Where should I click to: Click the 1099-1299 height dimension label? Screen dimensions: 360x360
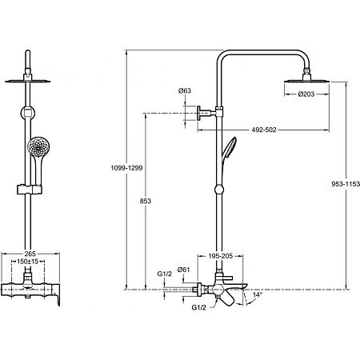click(x=126, y=168)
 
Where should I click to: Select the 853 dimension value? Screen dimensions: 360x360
click(x=146, y=201)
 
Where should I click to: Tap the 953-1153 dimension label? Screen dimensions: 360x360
click(x=346, y=184)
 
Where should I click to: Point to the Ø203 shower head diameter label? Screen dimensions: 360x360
click(x=306, y=94)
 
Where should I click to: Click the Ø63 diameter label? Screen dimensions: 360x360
click(x=185, y=90)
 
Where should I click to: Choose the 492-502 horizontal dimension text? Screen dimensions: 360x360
click(x=264, y=130)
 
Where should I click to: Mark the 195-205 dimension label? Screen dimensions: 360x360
click(x=221, y=256)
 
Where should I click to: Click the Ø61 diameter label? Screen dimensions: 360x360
click(x=183, y=270)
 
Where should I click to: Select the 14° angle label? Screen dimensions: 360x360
click(x=258, y=294)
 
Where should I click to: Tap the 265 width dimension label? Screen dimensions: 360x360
click(x=30, y=254)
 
